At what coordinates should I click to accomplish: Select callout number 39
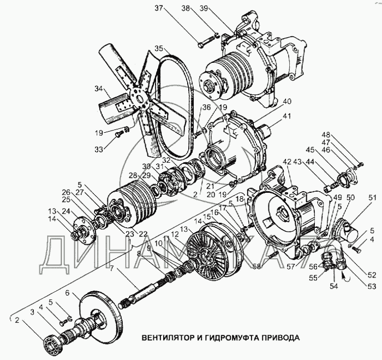(219, 9)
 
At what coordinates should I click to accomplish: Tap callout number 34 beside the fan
(99, 88)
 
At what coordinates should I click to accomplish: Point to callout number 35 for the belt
(158, 49)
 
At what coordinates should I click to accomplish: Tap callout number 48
(356, 135)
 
